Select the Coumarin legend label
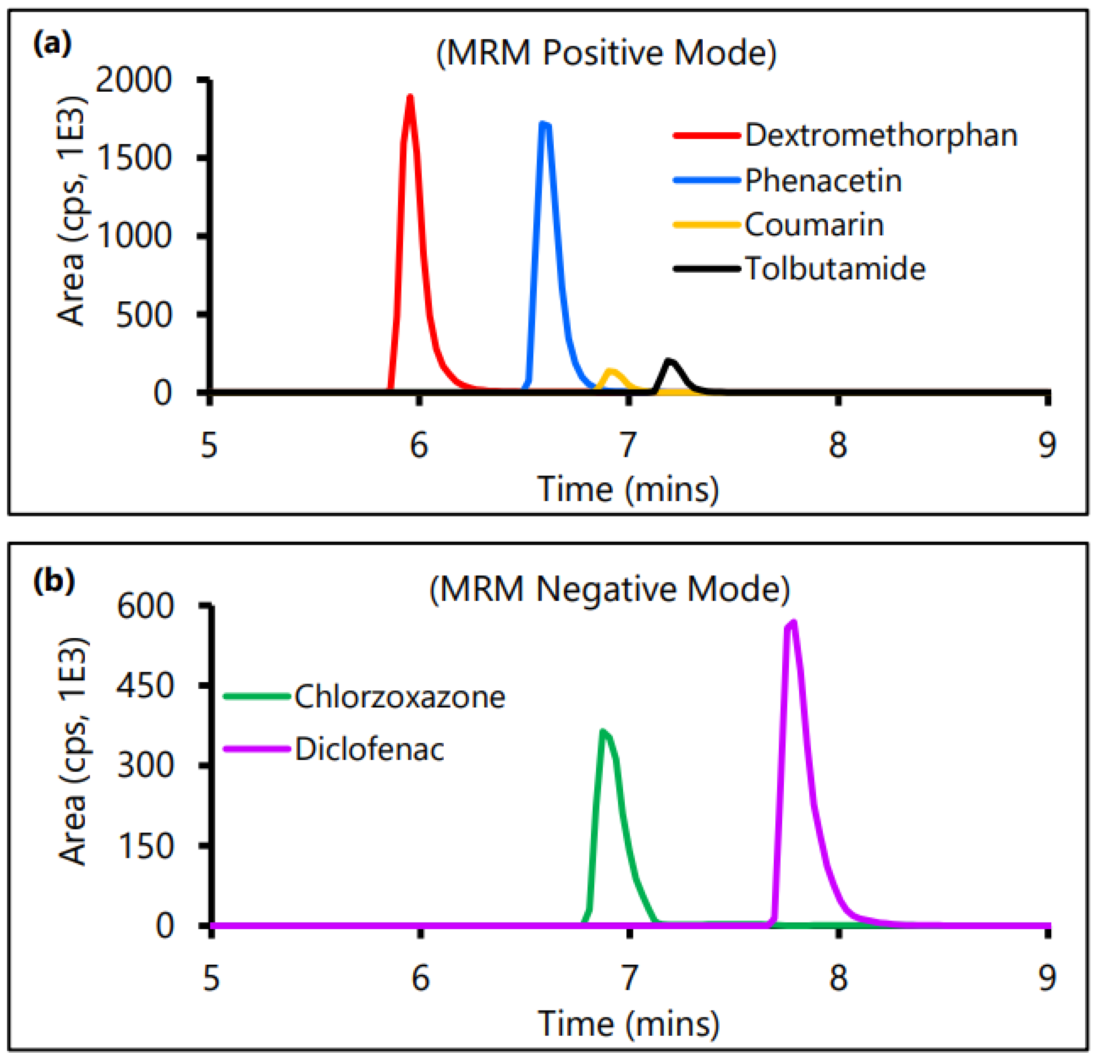(813, 225)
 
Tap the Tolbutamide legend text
(835, 269)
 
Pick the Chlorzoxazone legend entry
(399, 697)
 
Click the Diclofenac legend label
(369, 749)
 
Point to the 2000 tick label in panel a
(133, 80)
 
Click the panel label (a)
(52, 43)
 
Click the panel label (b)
(54, 581)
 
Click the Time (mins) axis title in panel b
(628, 1023)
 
